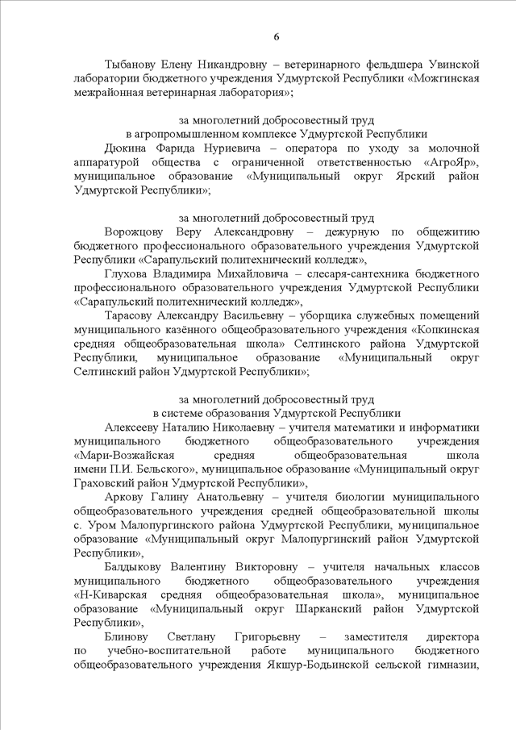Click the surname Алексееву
135,427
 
